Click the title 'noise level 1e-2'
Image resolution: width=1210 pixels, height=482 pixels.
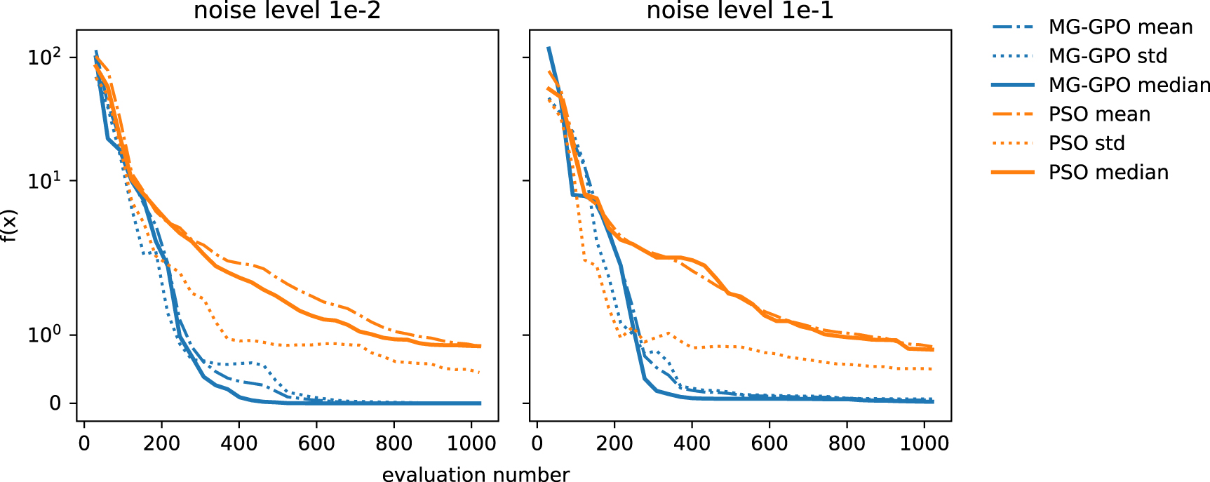[x=287, y=11]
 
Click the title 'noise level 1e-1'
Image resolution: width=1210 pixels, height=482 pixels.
[x=739, y=11]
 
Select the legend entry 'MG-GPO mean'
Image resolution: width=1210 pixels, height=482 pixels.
[x=1120, y=27]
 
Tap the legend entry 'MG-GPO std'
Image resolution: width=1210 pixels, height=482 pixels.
[x=1107, y=56]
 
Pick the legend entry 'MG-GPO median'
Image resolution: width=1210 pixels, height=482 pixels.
[x=1128, y=85]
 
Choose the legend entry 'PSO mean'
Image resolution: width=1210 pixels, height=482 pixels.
[x=1098, y=114]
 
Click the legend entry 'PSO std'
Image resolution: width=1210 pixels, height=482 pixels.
[x=1086, y=143]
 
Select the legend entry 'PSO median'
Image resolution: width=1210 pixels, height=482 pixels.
[x=1108, y=173]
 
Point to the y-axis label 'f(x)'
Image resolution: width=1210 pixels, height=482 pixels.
[x=8, y=226]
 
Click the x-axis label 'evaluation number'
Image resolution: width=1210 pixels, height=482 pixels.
[x=476, y=474]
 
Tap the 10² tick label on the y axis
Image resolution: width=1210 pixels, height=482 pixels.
[x=44, y=57]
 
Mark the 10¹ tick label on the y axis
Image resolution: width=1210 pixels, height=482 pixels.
[x=44, y=181]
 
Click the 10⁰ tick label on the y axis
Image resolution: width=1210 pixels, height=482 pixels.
[x=44, y=335]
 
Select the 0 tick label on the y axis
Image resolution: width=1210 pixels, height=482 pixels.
[x=55, y=403]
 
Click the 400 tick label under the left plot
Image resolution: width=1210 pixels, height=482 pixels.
[x=239, y=443]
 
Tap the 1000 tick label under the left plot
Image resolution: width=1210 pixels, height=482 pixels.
[x=471, y=443]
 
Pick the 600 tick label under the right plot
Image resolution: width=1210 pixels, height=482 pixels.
[x=769, y=443]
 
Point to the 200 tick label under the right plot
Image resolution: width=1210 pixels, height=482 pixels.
[x=614, y=443]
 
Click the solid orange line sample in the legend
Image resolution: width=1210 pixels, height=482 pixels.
[x=1013, y=173]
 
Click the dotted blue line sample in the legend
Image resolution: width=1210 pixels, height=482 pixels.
[x=1013, y=56]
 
